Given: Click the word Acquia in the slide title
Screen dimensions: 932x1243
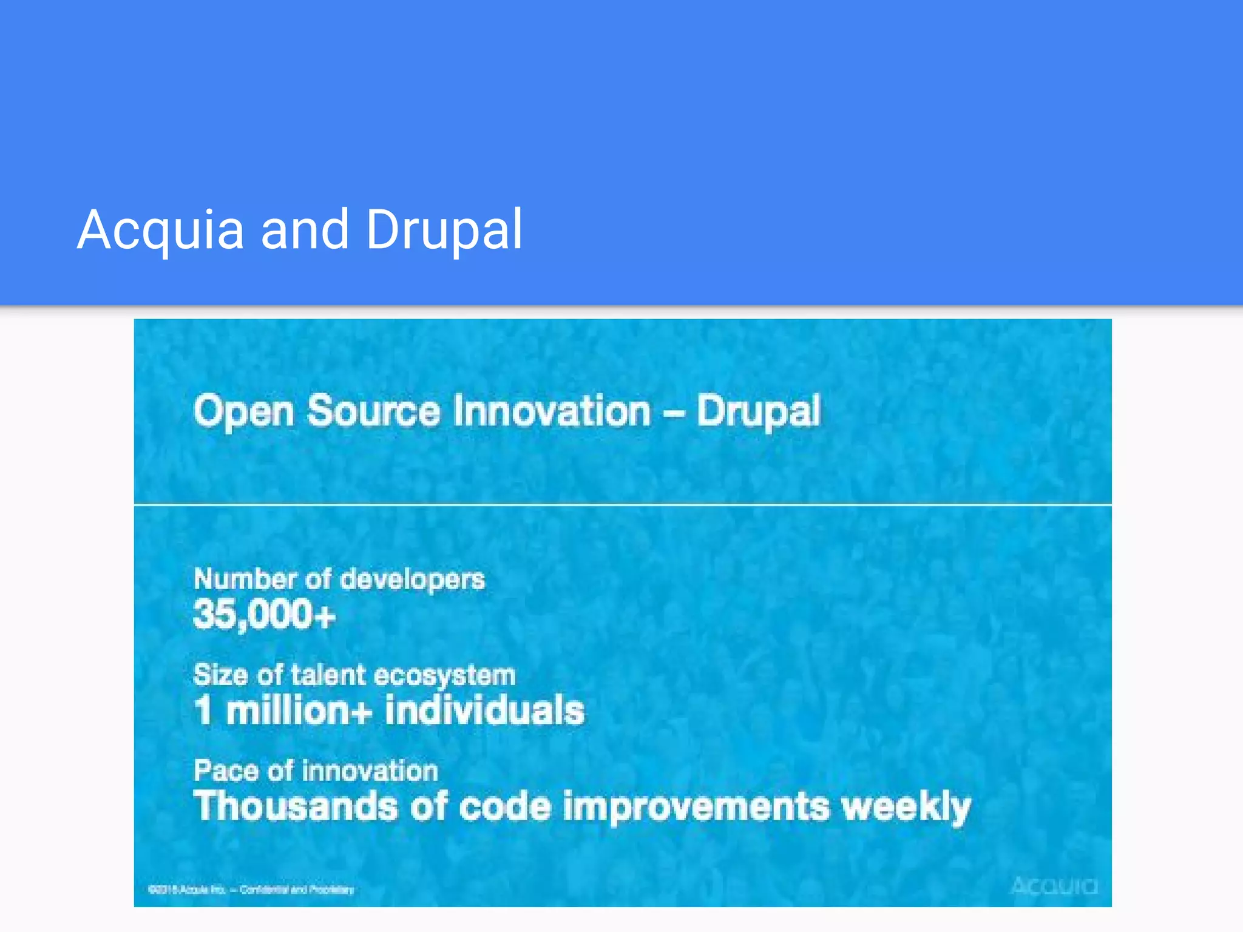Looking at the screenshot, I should pos(161,231).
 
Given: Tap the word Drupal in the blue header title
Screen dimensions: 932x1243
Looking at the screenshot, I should pos(444,231).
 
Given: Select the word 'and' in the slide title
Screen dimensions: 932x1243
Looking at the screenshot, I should pos(305,231).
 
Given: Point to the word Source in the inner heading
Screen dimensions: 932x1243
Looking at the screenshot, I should pos(373,411).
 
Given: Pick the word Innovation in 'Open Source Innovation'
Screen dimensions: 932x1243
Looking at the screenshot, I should pos(552,411).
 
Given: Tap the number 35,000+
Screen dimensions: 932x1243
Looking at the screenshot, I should pos(264,614).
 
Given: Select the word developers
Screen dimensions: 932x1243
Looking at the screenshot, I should pos(412,580).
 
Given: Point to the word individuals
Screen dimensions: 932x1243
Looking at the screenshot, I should pos(484,711).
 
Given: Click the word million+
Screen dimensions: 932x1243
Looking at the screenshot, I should pos(299,711).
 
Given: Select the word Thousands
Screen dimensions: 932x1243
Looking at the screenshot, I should pos(295,807).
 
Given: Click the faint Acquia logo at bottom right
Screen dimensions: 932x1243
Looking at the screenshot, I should pos(1054,886).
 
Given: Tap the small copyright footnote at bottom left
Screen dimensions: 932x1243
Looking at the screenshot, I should pos(251,890).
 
